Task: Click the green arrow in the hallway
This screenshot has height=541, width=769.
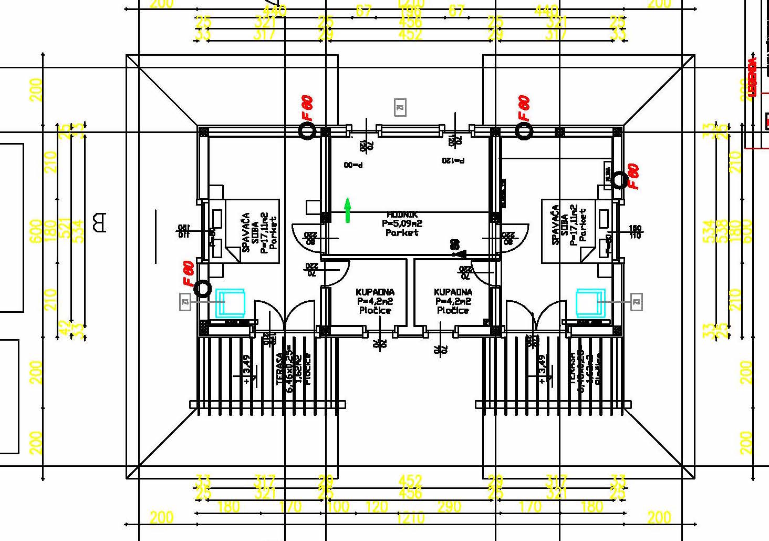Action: tap(347, 210)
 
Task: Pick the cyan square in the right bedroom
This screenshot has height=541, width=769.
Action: tap(590, 303)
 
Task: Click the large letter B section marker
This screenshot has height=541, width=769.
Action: tap(98, 222)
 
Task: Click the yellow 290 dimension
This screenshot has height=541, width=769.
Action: tap(449, 506)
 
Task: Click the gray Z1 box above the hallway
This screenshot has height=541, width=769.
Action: tap(400, 108)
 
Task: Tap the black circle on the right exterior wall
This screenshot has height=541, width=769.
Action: tap(619, 180)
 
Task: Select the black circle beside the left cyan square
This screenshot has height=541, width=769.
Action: tap(202, 288)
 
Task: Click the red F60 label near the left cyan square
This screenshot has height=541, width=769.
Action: tap(189, 273)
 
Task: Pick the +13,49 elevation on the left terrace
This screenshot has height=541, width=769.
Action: tap(247, 369)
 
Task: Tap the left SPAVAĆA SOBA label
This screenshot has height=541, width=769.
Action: tap(255, 232)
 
